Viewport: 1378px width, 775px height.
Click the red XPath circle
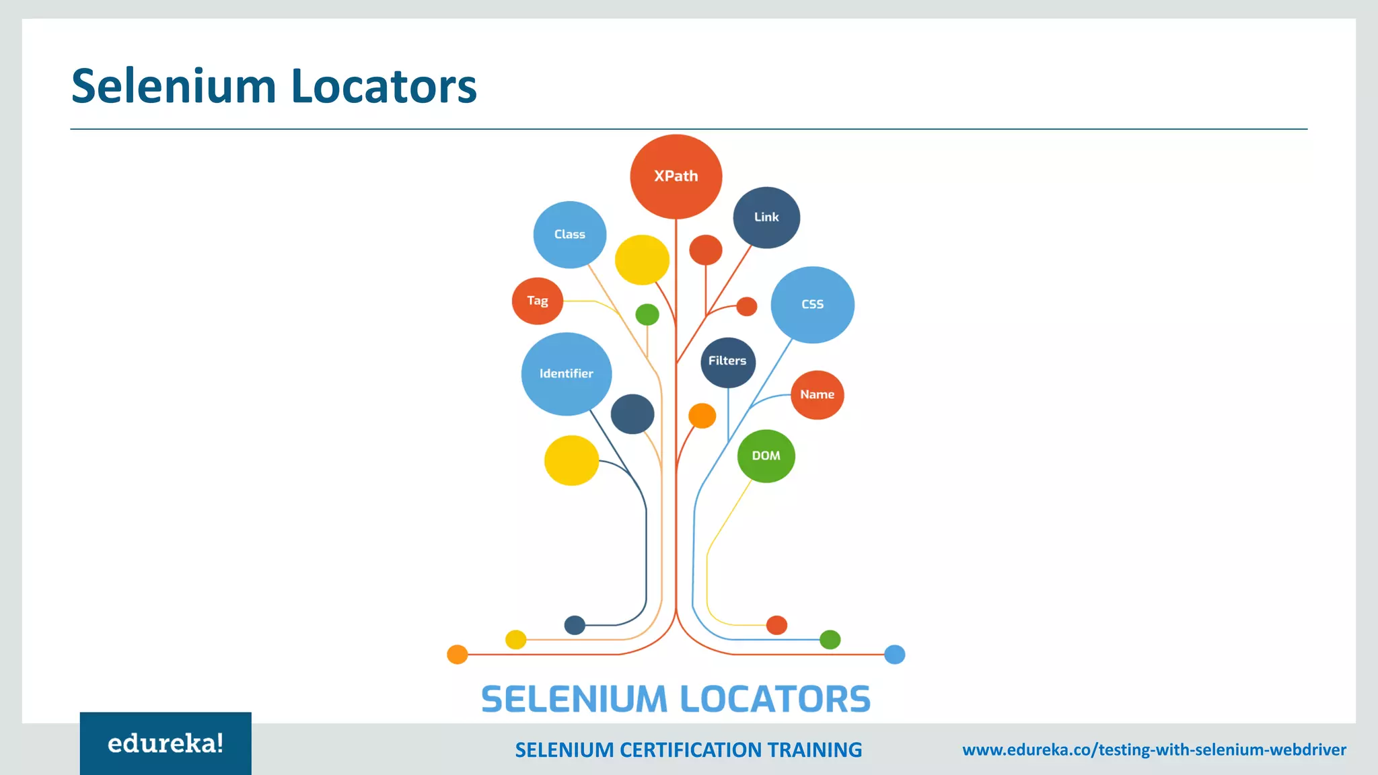click(x=676, y=176)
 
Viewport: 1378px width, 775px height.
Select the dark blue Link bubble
click(x=766, y=217)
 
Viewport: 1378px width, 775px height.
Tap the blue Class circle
click(x=569, y=234)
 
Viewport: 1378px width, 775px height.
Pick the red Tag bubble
click(x=537, y=301)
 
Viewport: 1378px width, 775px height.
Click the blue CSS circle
click(x=812, y=305)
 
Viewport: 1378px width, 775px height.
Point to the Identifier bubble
click(x=566, y=373)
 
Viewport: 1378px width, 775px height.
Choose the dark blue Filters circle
click(x=727, y=362)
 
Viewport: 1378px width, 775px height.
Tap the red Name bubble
click(x=817, y=395)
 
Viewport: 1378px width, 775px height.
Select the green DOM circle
click(x=766, y=456)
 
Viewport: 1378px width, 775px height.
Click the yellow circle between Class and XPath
click(x=642, y=260)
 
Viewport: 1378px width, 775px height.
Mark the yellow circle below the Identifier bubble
click(x=571, y=460)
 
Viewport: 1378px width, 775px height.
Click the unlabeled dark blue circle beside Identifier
click(x=632, y=414)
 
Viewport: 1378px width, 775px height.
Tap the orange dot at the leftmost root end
click(x=458, y=654)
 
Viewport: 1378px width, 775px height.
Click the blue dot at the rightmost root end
click(x=894, y=654)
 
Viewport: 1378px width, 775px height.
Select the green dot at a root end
click(x=830, y=639)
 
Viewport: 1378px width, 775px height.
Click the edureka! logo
click(x=166, y=743)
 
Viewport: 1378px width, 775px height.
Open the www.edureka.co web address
click(x=1154, y=749)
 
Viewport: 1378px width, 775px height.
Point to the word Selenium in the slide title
click(x=174, y=86)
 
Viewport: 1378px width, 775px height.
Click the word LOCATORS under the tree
click(x=775, y=699)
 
